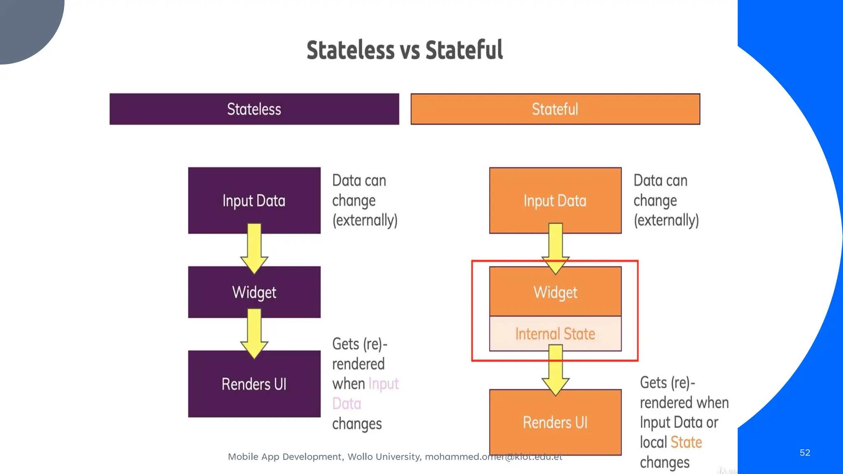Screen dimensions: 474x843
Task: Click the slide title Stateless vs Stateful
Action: (405, 50)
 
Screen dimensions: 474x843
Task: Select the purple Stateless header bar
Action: (254, 109)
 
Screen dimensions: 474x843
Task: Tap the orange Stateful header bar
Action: (555, 109)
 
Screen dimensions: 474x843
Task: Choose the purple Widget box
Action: (254, 292)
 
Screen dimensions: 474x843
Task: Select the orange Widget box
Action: (555, 292)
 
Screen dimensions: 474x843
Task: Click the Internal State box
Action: (555, 333)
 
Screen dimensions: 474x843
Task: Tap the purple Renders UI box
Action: (254, 384)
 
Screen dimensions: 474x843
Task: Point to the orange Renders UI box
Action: (555, 422)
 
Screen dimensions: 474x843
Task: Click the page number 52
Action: (805, 453)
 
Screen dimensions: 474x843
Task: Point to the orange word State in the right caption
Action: (686, 442)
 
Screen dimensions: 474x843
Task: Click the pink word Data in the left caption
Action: (347, 404)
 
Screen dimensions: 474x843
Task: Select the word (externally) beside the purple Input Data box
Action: (365, 220)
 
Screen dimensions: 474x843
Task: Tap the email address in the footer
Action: (493, 457)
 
